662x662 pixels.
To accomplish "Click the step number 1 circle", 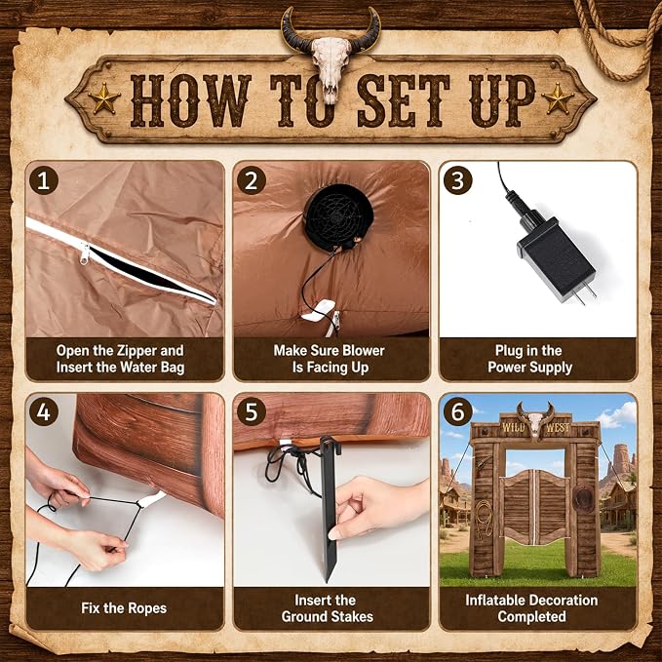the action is (x=44, y=180).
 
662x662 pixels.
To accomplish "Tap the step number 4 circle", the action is (x=44, y=411).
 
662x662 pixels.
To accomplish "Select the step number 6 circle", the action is (x=457, y=411).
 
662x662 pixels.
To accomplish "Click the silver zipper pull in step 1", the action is (x=85, y=253).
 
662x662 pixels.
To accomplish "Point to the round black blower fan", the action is (x=338, y=217).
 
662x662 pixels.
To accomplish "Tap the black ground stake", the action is (x=330, y=508).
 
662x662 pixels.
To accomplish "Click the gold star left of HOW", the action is (x=104, y=98).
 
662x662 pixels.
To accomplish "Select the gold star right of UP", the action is (x=558, y=98).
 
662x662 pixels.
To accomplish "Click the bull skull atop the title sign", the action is (x=331, y=55).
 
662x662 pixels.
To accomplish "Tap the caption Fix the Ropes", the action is (x=124, y=608).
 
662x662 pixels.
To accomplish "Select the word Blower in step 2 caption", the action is (x=363, y=350).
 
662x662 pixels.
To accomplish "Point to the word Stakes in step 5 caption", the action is (x=352, y=616).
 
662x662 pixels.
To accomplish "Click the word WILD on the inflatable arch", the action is (x=513, y=427).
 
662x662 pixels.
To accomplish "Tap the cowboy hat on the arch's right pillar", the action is (x=583, y=498).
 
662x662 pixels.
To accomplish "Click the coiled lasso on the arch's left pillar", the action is (x=484, y=519).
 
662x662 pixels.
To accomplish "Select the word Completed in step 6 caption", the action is (x=531, y=616).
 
